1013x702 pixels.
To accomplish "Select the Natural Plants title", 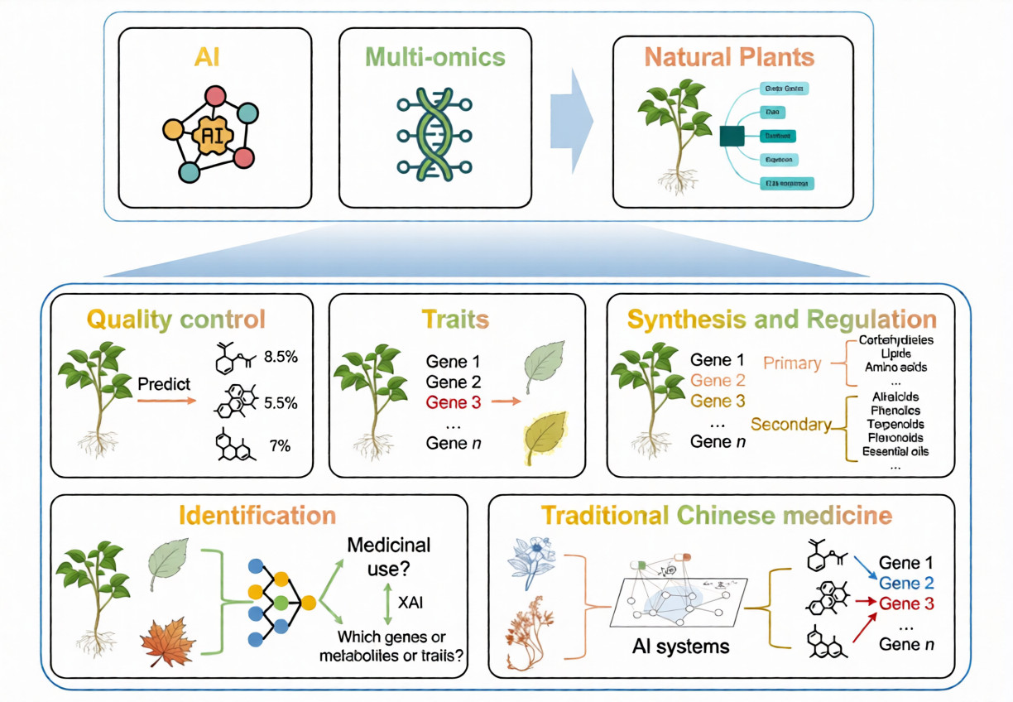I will (x=729, y=57).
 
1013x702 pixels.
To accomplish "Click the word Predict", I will (x=164, y=385).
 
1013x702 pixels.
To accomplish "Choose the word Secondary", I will (x=790, y=425).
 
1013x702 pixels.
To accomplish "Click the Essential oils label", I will (x=895, y=451).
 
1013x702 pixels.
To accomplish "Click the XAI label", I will (x=410, y=603).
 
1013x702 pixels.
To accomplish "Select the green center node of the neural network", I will (x=281, y=602).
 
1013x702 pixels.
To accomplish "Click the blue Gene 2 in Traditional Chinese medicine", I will (x=906, y=582).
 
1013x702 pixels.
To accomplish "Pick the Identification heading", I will (x=257, y=515).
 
